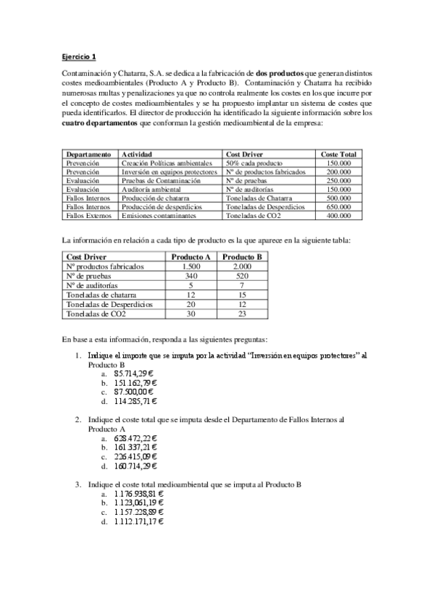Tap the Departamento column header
click(x=88, y=154)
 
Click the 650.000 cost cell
click(x=339, y=206)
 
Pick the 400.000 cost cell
click(x=339, y=215)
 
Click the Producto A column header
click(x=191, y=257)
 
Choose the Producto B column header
click(x=242, y=257)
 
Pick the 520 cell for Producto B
click(x=242, y=276)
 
